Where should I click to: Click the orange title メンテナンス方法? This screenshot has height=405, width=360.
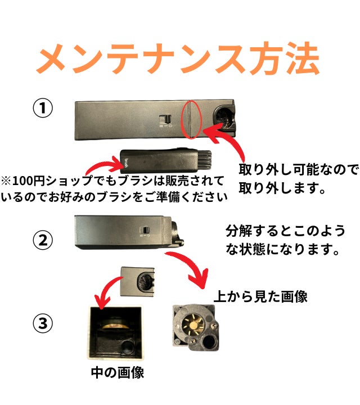pyautogui.click(x=178, y=58)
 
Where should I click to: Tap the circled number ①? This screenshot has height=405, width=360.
pyautogui.click(x=43, y=107)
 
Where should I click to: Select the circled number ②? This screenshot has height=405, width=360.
pyautogui.click(x=43, y=240)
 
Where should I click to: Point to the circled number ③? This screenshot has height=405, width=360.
pyautogui.click(x=43, y=323)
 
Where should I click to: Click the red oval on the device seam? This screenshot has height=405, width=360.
pyautogui.click(x=191, y=119)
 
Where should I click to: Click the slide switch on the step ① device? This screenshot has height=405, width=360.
pyautogui.click(x=165, y=119)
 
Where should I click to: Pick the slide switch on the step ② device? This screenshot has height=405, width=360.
pyautogui.click(x=145, y=230)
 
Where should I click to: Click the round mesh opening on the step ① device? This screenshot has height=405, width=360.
pyautogui.click(x=224, y=118)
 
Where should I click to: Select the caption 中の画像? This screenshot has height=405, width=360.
pyautogui.click(x=118, y=372)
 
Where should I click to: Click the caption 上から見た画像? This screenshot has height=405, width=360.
pyautogui.click(x=260, y=296)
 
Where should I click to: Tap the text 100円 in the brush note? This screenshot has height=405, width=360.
pyautogui.click(x=26, y=181)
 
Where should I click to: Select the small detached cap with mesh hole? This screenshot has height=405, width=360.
pyautogui.click(x=137, y=282)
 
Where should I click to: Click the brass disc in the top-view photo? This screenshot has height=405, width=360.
pyautogui.click(x=192, y=325)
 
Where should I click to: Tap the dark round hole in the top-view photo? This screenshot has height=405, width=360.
pyautogui.click(x=209, y=343)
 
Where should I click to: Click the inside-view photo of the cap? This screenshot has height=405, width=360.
pyautogui.click(x=115, y=332)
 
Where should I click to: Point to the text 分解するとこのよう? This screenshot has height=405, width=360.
pyautogui.click(x=285, y=231)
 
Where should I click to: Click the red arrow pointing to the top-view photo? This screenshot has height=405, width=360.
pyautogui.click(x=192, y=266)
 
